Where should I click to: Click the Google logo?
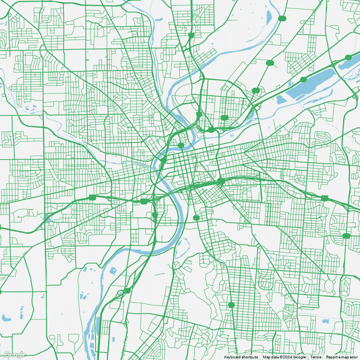(15, 354)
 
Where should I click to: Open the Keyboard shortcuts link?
(241, 357)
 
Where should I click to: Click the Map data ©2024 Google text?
(284, 357)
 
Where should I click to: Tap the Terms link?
(316, 357)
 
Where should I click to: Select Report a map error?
(342, 357)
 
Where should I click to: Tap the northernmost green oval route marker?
(282, 19)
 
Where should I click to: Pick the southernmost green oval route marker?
(231, 305)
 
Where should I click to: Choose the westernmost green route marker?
(92, 197)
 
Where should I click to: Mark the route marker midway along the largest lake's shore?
(304, 79)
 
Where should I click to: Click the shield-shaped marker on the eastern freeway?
(325, 198)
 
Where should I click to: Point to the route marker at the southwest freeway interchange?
(127, 290)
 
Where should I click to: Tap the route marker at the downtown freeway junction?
(221, 181)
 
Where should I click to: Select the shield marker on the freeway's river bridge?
(163, 160)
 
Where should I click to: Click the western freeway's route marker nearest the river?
(144, 201)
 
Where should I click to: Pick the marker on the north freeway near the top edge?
(191, 35)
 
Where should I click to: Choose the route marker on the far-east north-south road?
(346, 236)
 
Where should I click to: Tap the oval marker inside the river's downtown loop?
(181, 145)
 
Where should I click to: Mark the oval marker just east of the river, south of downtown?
(196, 218)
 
